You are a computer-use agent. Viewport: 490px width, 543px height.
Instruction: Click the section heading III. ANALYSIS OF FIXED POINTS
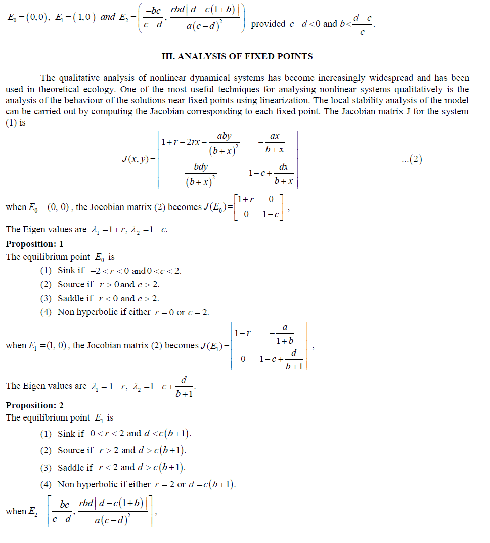237,56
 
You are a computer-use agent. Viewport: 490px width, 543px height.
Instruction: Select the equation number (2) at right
411,160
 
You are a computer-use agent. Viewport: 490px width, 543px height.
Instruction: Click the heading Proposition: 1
35,244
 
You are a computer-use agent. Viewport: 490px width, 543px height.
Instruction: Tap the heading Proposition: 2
35,405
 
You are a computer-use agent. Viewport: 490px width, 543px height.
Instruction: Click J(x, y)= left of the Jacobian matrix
140,159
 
